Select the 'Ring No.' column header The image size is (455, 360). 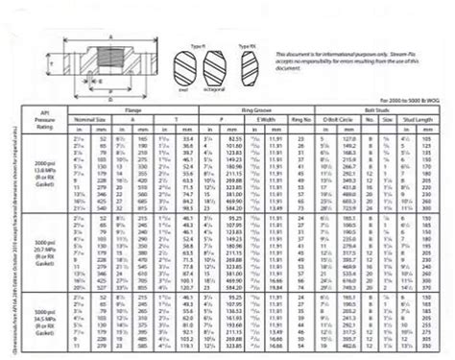[x=301, y=119]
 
